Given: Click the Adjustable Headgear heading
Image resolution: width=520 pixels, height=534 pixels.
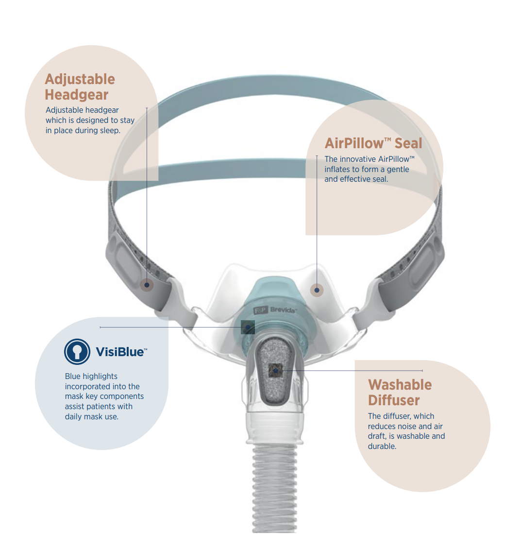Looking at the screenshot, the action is tap(80, 87).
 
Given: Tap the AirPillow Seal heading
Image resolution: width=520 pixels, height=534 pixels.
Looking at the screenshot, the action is tap(373, 143).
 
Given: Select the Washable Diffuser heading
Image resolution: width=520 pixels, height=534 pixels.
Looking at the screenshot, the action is tap(400, 392).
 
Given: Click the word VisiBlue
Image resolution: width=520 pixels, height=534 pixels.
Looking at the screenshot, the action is tap(120, 352).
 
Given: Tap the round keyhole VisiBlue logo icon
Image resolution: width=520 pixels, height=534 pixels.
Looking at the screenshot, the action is tap(77, 352).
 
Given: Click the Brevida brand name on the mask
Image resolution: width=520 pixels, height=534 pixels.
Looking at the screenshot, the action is tap(283, 310).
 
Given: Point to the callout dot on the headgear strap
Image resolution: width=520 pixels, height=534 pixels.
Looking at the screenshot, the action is tap(147, 285).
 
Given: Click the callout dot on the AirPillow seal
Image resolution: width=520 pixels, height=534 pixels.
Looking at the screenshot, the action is tap(317, 290).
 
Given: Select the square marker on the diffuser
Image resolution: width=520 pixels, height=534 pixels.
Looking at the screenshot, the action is tap(276, 370).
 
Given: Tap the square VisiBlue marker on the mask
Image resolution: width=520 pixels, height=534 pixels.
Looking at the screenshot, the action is tap(248, 327).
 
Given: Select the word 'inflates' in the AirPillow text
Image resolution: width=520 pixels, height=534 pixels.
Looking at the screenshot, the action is tap(338, 169).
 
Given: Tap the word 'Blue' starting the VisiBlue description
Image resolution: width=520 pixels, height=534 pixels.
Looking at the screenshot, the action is tap(72, 376).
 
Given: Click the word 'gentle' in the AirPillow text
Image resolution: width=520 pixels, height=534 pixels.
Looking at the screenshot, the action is tap(398, 170).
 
